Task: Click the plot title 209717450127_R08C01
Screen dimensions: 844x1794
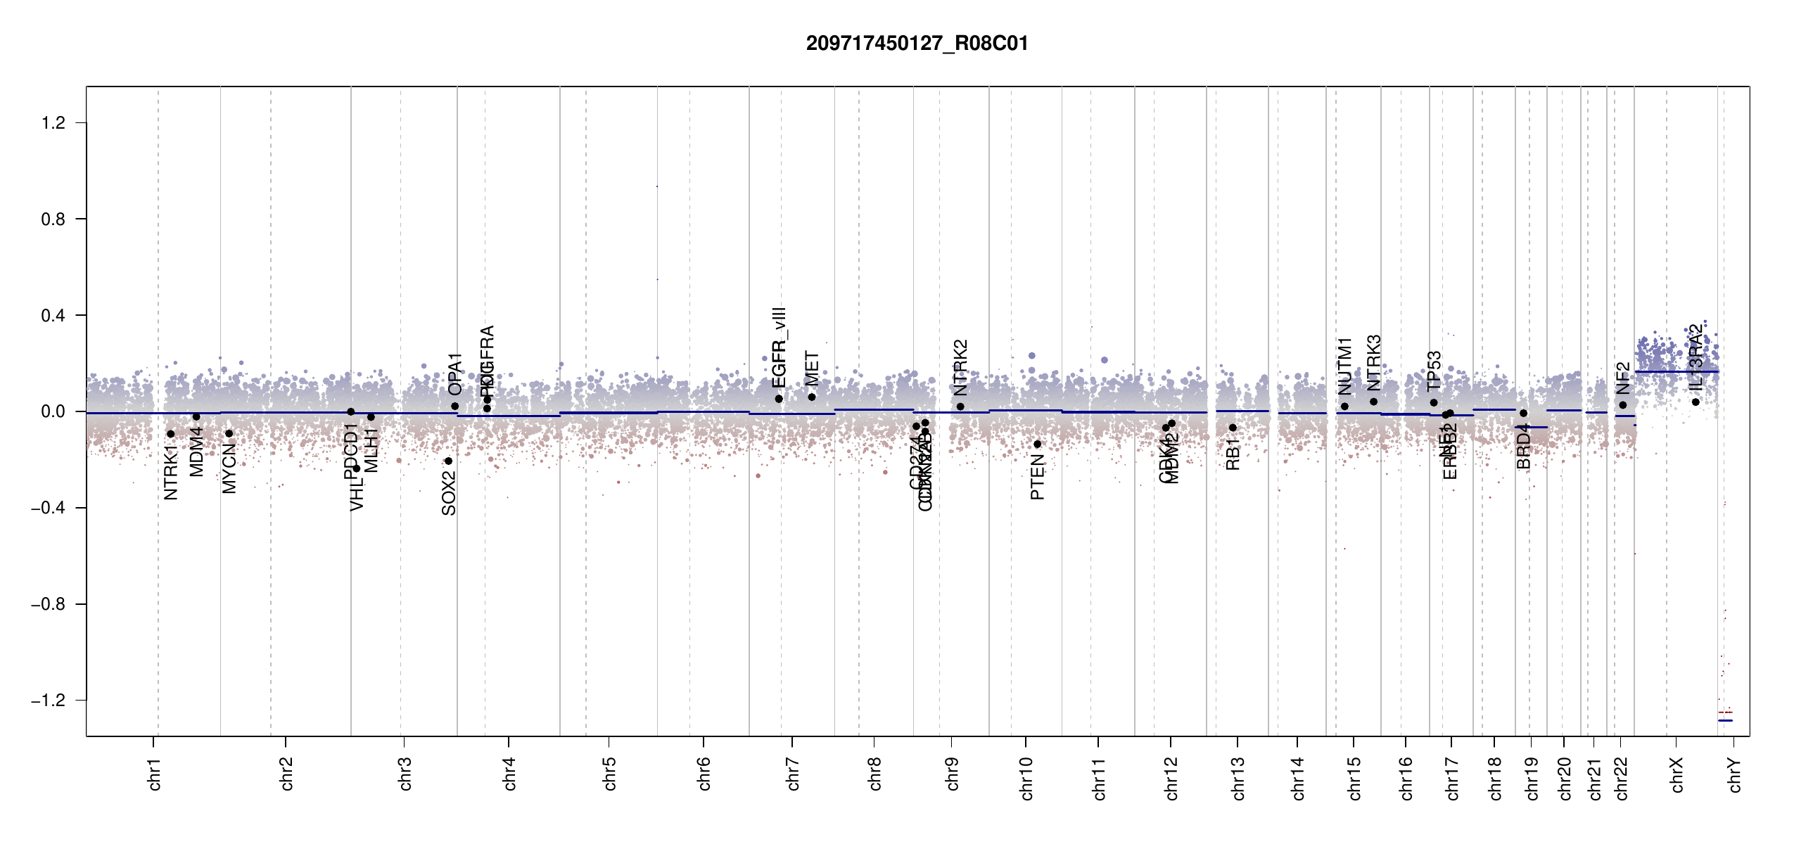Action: click(x=917, y=44)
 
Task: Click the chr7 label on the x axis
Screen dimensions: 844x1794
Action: click(x=793, y=774)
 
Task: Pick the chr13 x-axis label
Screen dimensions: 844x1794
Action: click(x=1238, y=778)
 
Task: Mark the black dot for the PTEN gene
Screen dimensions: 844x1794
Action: click(x=1037, y=445)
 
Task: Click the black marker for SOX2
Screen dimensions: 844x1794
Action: click(x=448, y=461)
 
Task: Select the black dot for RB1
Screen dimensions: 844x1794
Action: click(x=1233, y=428)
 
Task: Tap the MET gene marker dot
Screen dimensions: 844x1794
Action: click(x=812, y=397)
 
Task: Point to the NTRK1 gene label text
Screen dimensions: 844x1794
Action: click(x=171, y=473)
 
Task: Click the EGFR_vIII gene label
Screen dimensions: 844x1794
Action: click(x=778, y=347)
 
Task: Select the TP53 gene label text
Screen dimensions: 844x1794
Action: click(x=1434, y=371)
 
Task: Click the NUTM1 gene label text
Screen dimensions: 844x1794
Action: click(x=1344, y=366)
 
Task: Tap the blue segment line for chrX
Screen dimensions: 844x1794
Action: click(x=1676, y=371)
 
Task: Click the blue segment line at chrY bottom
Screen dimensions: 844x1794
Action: click(x=1725, y=721)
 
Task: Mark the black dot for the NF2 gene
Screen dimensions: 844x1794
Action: click(x=1622, y=405)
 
